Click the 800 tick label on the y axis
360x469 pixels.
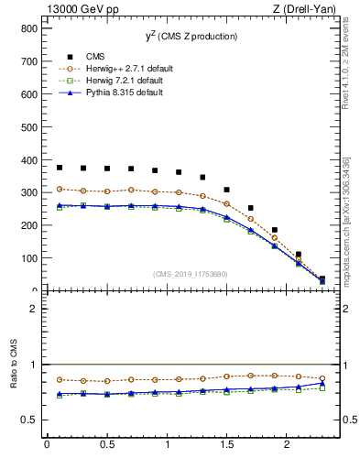point(28,28)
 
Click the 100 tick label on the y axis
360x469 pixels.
point(28,258)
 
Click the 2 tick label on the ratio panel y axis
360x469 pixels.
point(32,309)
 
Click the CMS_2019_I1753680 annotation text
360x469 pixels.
point(191,273)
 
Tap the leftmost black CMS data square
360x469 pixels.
point(60,168)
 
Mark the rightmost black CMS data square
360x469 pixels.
point(322,278)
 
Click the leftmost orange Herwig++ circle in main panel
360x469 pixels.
point(60,189)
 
